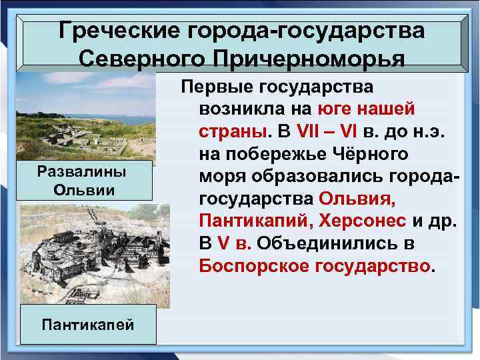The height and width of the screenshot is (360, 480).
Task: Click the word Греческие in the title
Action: click(x=121, y=31)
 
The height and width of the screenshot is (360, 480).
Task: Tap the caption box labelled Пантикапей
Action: click(x=88, y=325)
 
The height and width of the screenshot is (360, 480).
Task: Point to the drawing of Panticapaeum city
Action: click(x=93, y=253)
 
